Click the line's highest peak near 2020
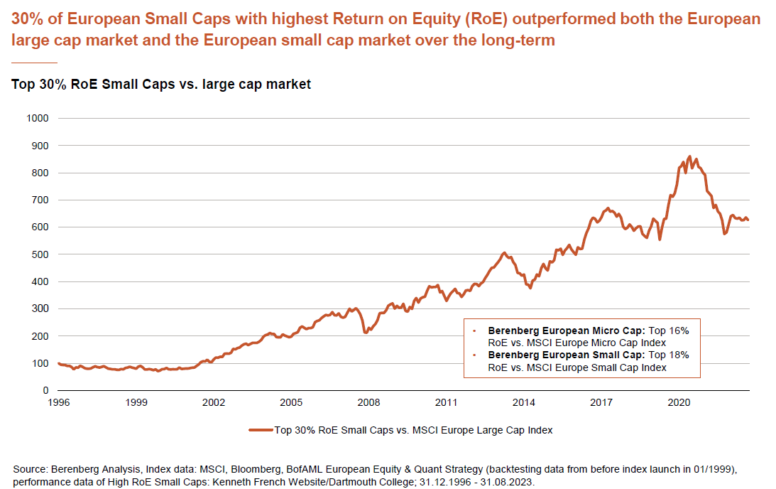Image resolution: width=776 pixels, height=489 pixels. pyautogui.click(x=689, y=156)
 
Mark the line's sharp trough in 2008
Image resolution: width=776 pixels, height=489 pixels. pyautogui.click(x=366, y=332)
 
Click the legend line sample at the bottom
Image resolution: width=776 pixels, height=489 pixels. pyautogui.click(x=261, y=430)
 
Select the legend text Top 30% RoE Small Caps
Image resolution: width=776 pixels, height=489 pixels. pyautogui.click(x=329, y=430)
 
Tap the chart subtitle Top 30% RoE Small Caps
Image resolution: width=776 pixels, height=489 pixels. pyautogui.click(x=161, y=85)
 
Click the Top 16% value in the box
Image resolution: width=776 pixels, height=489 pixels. pyautogui.click(x=670, y=331)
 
